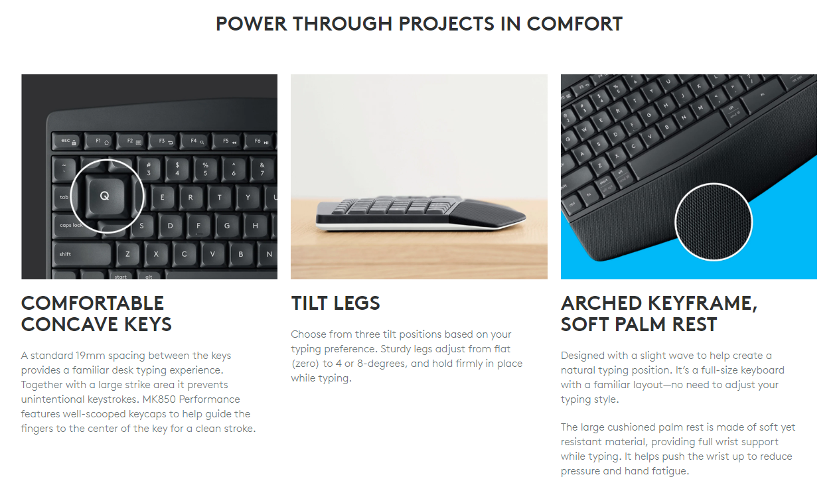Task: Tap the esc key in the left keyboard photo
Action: coord(66,141)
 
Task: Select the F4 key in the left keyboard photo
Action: coord(197,141)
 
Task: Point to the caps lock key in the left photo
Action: coord(71,226)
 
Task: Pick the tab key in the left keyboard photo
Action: coord(64,197)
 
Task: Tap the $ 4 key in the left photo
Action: coord(177,168)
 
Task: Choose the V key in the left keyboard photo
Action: coord(212,253)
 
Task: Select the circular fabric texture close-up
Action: coord(714,222)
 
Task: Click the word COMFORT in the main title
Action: coord(574,24)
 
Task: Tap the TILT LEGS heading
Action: coord(335,303)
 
